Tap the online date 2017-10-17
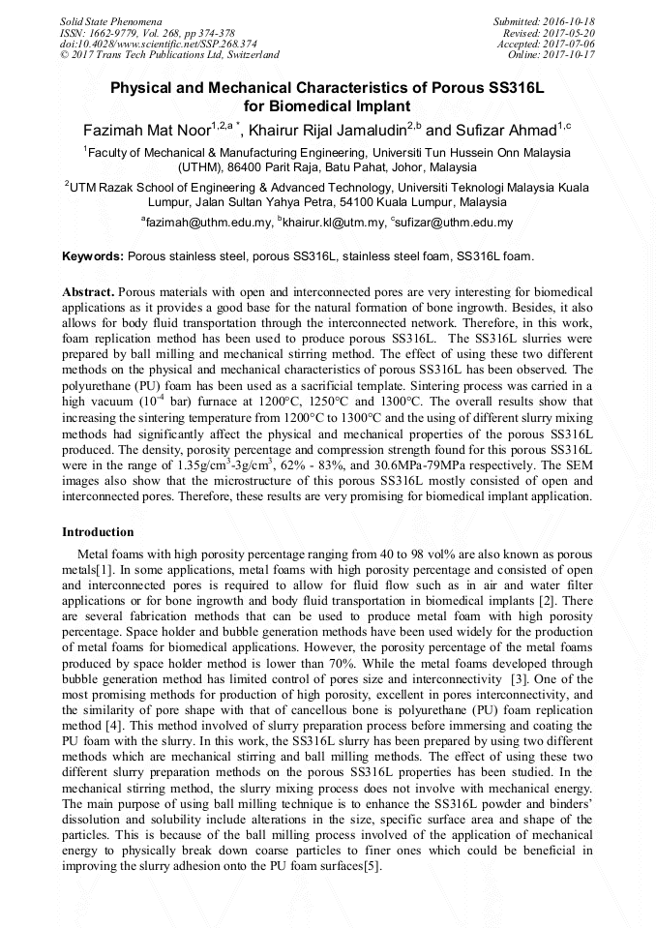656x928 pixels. [572, 55]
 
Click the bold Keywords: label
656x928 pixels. [93, 257]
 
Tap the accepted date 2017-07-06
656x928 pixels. [572, 44]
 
